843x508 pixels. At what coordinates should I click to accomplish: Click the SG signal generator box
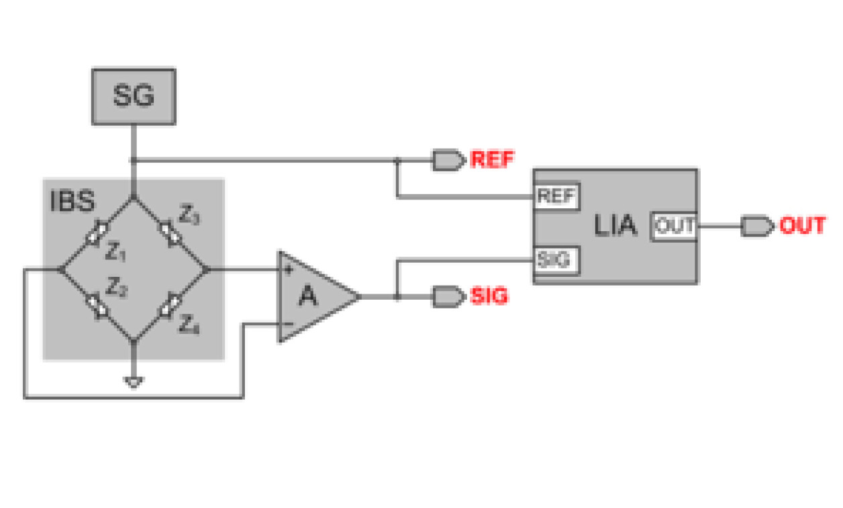click(x=133, y=96)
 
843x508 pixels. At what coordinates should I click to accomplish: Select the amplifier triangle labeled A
click(x=312, y=296)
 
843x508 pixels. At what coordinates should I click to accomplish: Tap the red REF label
click(x=492, y=160)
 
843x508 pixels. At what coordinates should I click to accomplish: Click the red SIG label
click(x=489, y=296)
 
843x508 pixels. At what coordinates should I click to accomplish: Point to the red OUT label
click(x=802, y=226)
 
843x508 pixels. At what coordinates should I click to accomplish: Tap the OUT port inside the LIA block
click(x=675, y=226)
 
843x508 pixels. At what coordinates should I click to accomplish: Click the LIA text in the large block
click(x=615, y=226)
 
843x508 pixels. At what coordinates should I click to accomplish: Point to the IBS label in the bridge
click(x=72, y=202)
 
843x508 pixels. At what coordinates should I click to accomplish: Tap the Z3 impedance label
click(x=189, y=216)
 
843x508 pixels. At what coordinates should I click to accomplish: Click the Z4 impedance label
click(x=188, y=325)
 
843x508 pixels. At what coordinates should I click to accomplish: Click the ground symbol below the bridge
click(x=134, y=382)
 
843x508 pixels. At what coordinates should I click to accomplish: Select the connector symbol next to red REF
click(x=448, y=160)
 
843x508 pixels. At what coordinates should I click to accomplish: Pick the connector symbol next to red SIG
click(x=448, y=296)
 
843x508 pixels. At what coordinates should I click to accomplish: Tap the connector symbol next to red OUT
click(x=757, y=226)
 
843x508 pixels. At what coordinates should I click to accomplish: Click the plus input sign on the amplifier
click(x=288, y=271)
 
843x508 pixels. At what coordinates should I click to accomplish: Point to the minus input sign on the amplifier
click(x=288, y=325)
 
